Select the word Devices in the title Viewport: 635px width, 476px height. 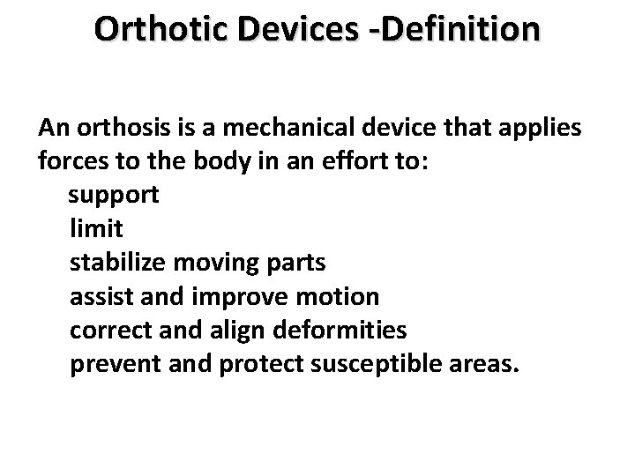point(299,30)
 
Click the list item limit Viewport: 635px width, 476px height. point(95,229)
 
